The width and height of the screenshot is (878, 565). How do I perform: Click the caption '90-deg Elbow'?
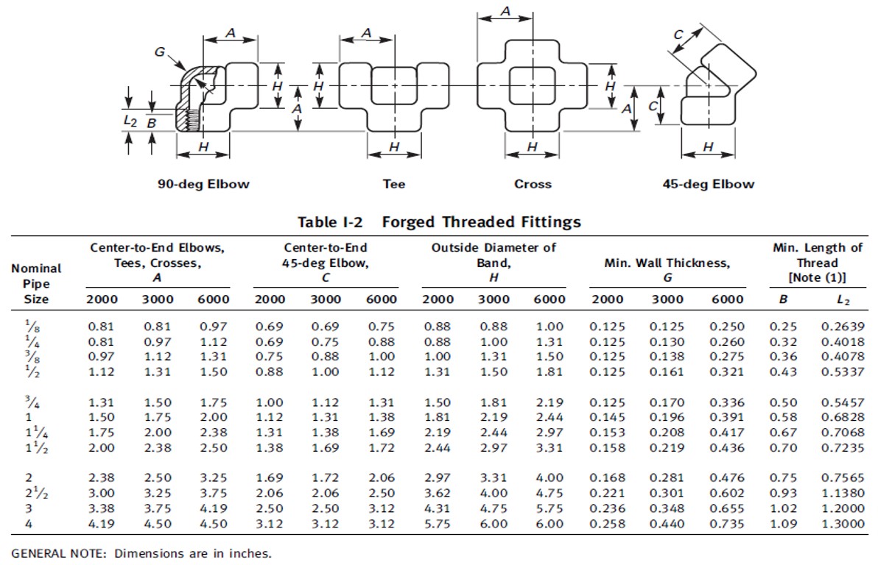203,184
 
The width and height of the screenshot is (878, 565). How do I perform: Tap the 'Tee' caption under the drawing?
394,184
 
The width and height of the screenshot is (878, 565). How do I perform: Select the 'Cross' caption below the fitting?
533,184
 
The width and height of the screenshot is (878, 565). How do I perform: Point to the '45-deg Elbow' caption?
709,184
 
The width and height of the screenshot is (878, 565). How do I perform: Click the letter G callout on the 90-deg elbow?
160,52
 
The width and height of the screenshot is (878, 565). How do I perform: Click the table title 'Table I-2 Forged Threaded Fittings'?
439,221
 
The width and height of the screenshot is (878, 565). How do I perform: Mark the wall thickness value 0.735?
726,524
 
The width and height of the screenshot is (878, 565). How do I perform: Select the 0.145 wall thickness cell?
607,418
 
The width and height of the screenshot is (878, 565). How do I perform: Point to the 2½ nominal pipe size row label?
26,493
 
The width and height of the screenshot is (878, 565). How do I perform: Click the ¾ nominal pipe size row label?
25,402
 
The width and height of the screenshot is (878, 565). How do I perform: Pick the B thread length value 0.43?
783,372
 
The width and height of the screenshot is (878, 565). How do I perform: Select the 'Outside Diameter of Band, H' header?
494,262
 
